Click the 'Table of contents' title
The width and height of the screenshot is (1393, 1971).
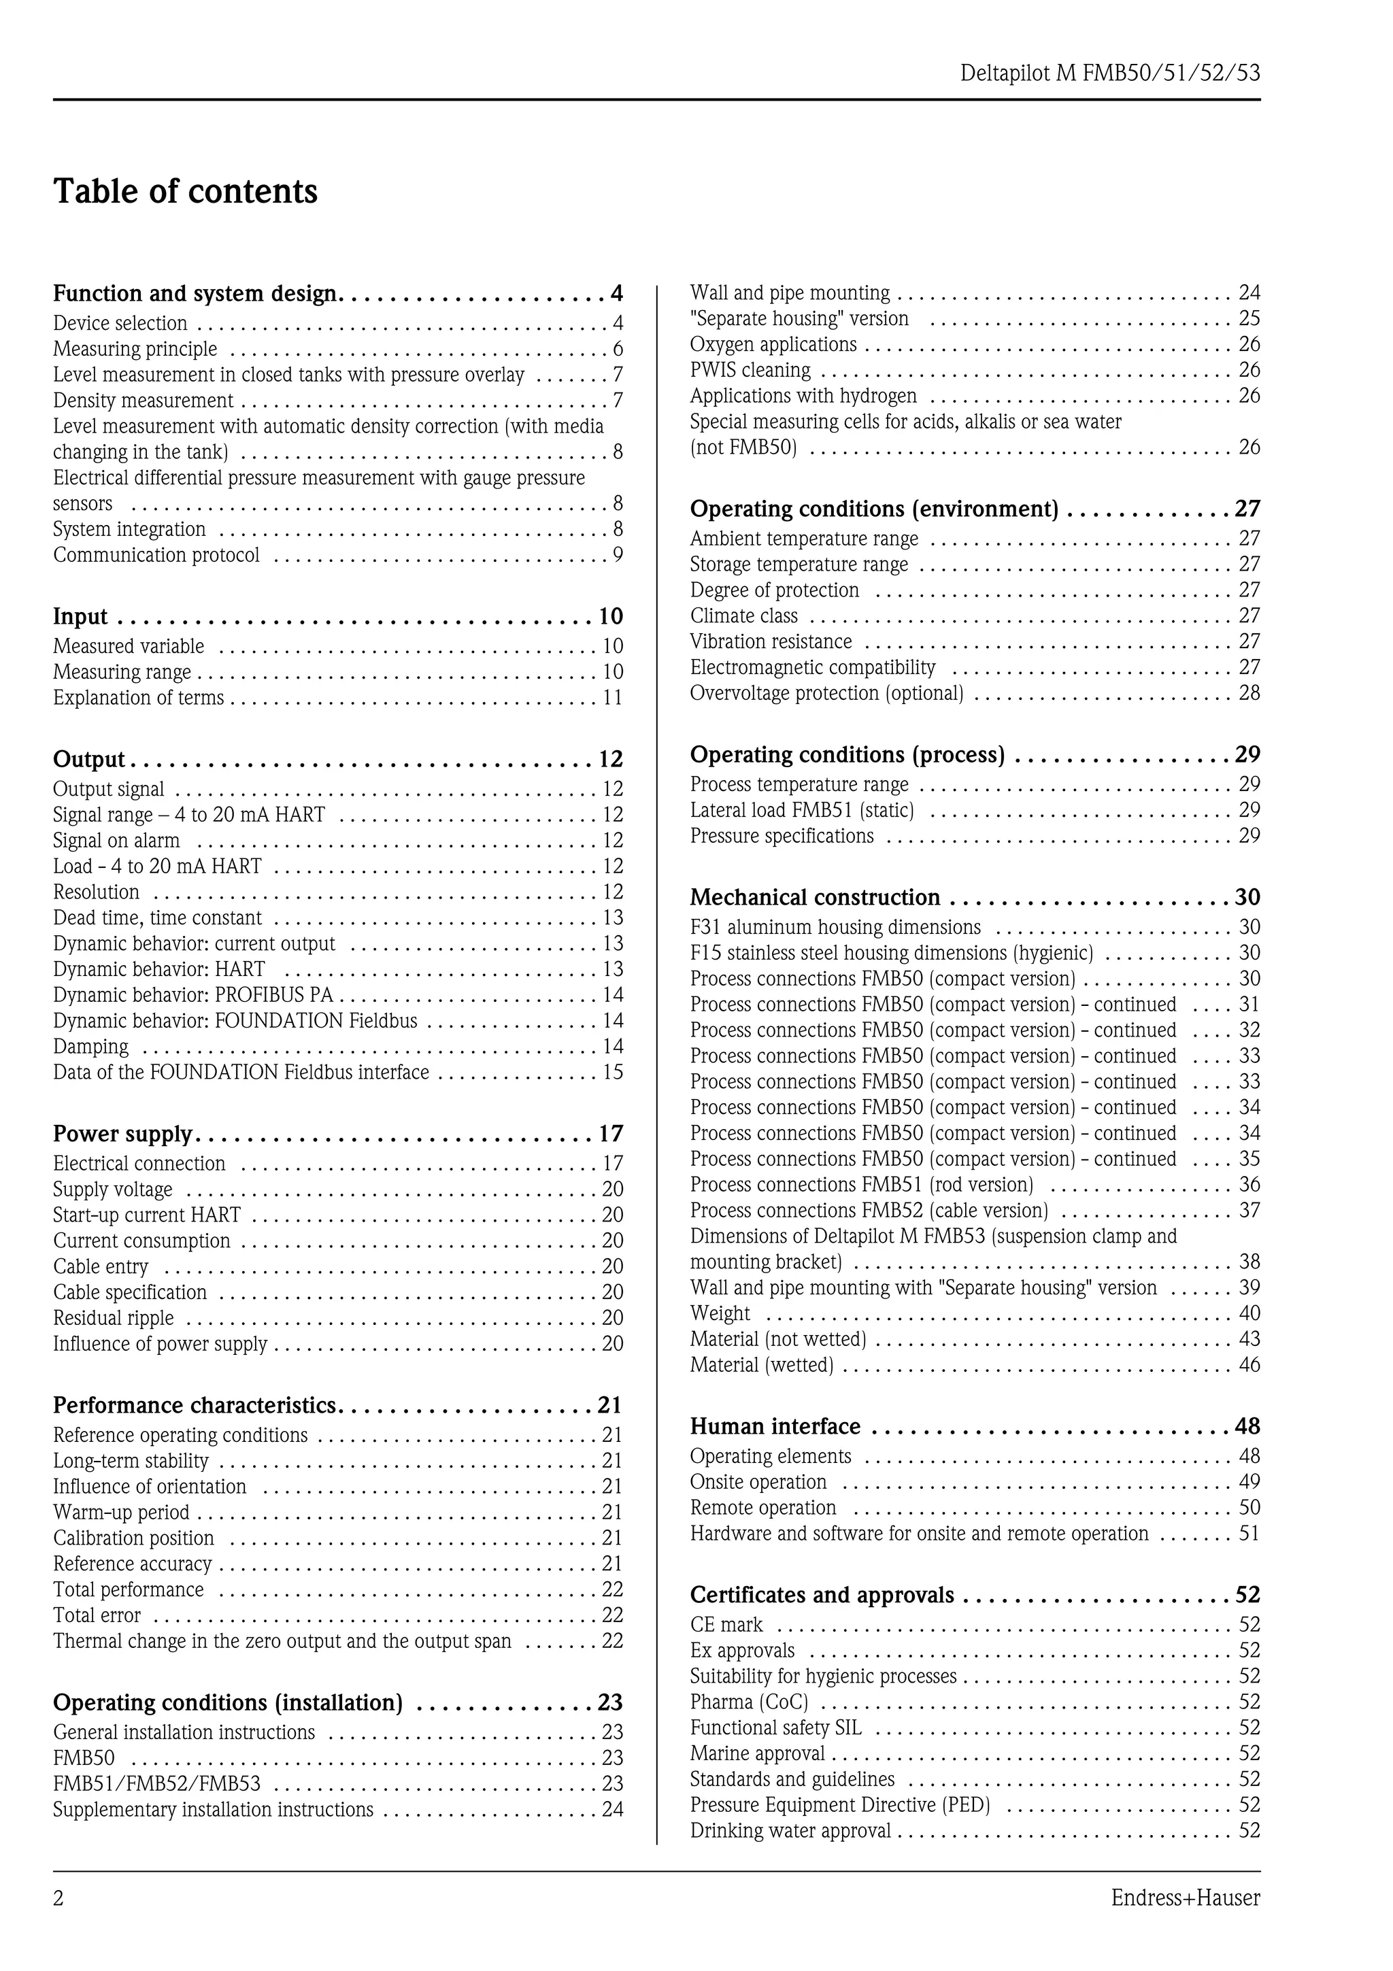(x=186, y=191)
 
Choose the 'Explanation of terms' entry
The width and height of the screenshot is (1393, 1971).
(x=138, y=698)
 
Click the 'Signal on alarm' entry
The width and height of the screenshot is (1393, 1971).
(x=117, y=841)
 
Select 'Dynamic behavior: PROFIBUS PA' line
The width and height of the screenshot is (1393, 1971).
(x=193, y=995)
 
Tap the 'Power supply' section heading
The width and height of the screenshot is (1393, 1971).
(x=122, y=1134)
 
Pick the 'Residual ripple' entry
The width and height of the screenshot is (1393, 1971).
(x=114, y=1317)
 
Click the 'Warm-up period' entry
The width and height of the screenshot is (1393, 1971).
(x=121, y=1512)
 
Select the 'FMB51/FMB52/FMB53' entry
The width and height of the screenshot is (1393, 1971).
(x=157, y=1783)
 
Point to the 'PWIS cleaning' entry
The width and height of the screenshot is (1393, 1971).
(x=750, y=370)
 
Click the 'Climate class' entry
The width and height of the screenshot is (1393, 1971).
(x=743, y=616)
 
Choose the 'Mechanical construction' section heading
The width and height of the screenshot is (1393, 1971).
(x=815, y=897)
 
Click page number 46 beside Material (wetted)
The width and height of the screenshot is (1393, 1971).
(x=1249, y=1365)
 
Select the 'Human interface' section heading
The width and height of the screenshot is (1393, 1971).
(x=774, y=1426)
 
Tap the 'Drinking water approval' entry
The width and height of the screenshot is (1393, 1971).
(x=790, y=1830)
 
